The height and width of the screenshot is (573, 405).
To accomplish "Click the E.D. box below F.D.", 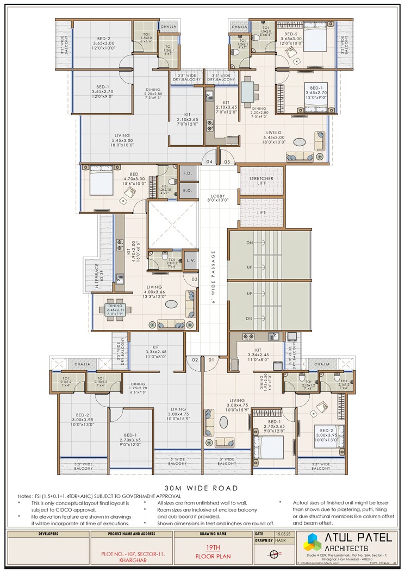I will click(x=188, y=191).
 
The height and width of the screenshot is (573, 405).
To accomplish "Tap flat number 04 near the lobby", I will click(x=209, y=161).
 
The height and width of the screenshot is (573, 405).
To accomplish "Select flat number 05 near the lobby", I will click(x=227, y=161).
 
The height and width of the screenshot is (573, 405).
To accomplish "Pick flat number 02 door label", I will click(x=194, y=359).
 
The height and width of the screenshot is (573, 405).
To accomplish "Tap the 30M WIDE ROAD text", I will click(x=202, y=488).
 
